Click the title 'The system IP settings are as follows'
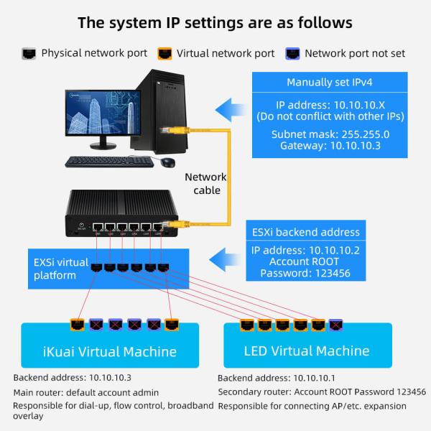[215, 22]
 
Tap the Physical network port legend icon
[29, 53]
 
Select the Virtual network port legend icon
[164, 53]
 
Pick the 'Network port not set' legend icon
[292, 53]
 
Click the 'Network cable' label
[205, 183]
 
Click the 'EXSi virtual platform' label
[55, 268]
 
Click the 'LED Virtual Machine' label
[307, 351]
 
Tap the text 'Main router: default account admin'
[96, 392]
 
